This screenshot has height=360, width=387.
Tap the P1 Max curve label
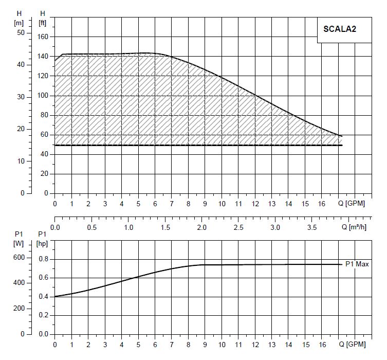click(x=357, y=264)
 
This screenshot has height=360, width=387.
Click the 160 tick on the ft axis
click(x=44, y=37)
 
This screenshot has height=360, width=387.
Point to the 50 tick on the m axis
click(x=21, y=32)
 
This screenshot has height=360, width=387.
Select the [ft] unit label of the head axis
click(x=43, y=23)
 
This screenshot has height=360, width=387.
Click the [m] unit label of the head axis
click(x=20, y=23)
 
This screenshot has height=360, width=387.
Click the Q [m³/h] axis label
click(x=355, y=227)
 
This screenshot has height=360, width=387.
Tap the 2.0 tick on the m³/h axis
click(x=202, y=227)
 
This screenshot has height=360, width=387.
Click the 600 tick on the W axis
click(x=19, y=258)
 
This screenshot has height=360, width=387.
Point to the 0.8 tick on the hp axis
click(x=44, y=259)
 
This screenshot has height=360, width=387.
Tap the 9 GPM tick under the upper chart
click(x=205, y=203)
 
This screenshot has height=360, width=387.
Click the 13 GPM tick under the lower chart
click(x=272, y=344)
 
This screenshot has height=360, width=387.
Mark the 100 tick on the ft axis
click(x=44, y=96)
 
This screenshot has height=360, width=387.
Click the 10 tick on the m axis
click(x=21, y=161)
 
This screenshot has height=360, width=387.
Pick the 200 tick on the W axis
click(x=19, y=308)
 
